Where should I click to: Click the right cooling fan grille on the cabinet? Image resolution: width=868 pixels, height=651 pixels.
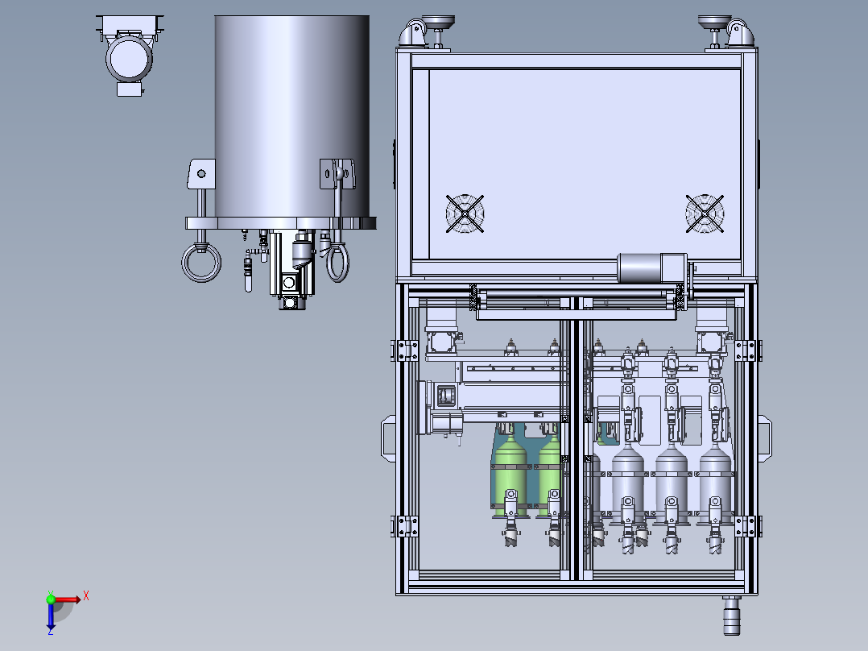[705, 214]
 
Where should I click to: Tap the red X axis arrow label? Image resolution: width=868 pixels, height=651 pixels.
[86, 596]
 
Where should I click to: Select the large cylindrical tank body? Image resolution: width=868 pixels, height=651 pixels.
[291, 116]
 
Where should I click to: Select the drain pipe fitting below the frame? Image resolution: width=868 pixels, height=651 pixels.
[731, 616]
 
